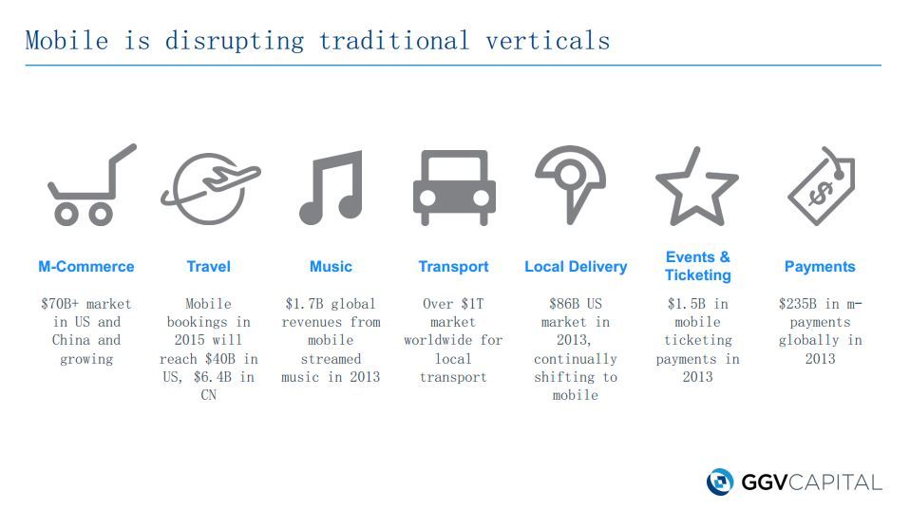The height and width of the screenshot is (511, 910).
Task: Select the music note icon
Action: (332, 187)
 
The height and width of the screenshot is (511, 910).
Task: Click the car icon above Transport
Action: (454, 187)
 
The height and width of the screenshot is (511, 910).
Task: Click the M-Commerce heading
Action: (85, 266)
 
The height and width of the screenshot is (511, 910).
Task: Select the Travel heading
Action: (208, 266)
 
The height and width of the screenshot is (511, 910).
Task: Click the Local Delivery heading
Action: (576, 266)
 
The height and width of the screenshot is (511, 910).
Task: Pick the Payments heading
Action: (820, 266)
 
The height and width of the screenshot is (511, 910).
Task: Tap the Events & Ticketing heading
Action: (697, 266)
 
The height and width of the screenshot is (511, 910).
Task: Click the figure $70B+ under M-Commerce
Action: (59, 303)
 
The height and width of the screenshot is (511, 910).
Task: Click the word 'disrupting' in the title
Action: (235, 41)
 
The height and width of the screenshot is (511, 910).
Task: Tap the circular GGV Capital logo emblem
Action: (720, 482)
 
